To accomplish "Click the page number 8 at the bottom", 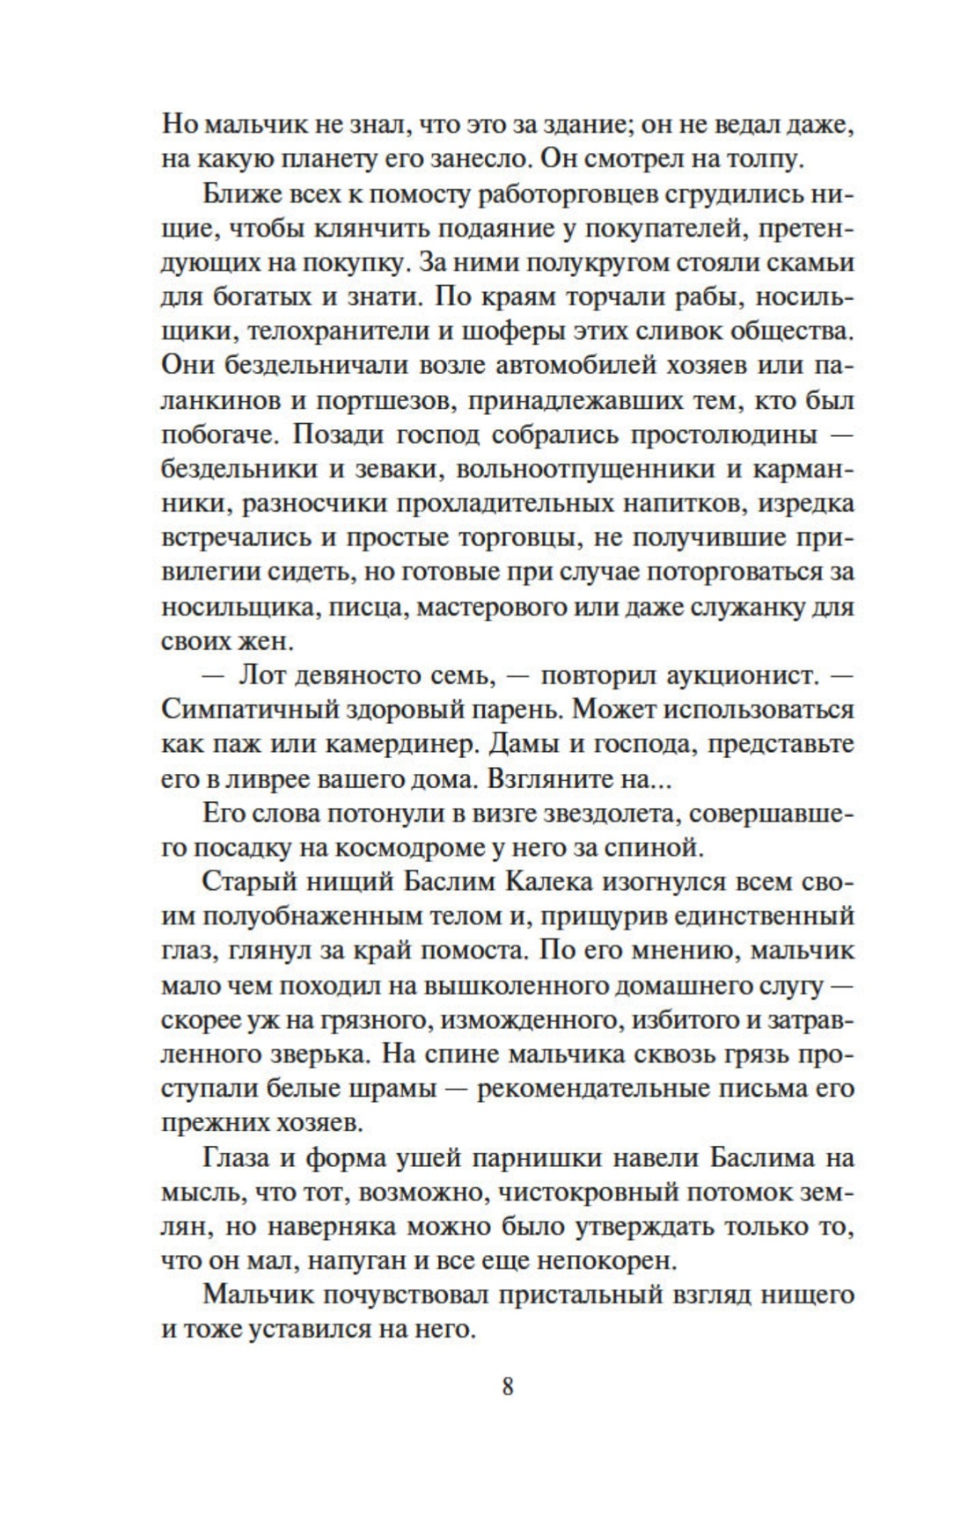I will [507, 1386].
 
